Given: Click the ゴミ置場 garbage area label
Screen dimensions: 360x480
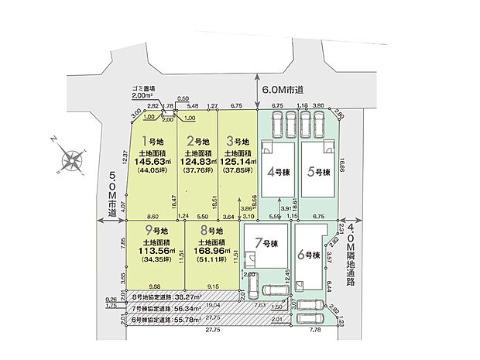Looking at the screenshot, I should click(145, 89).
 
